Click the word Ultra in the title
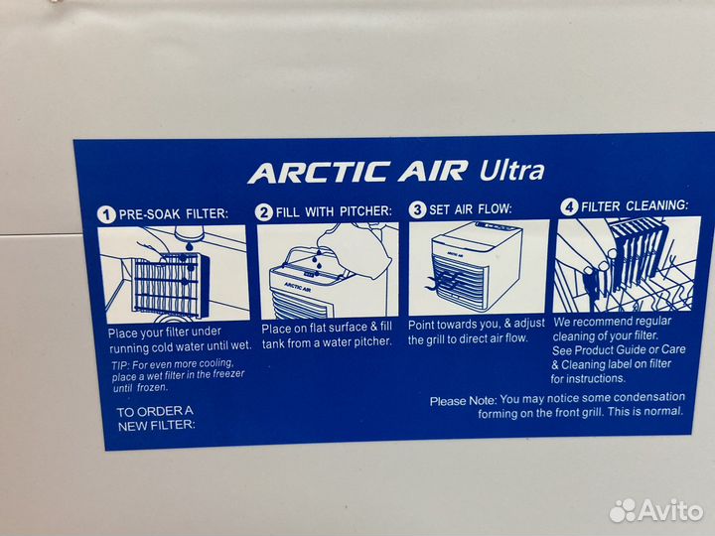(x=512, y=170)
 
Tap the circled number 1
(x=106, y=214)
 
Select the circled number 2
(x=263, y=212)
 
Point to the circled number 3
(x=417, y=209)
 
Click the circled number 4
(x=569, y=206)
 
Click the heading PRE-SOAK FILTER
(x=173, y=213)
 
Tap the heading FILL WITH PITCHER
(x=334, y=211)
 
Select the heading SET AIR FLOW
(x=471, y=209)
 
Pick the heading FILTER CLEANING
(x=635, y=206)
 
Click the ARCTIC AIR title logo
(x=357, y=172)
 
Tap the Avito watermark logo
(x=656, y=510)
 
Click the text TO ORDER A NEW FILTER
(x=156, y=419)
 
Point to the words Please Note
(x=463, y=401)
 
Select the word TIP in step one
(x=120, y=366)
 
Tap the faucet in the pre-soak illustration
(x=190, y=235)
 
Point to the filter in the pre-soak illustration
(x=171, y=284)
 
